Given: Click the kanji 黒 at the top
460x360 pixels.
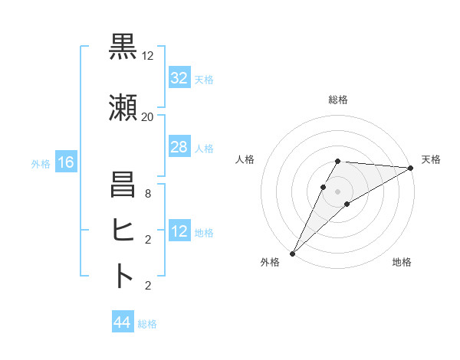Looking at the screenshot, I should point(123,47).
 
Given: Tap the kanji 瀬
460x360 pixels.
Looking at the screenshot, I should point(123,110).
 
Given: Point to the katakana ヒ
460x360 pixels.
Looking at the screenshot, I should point(123,230).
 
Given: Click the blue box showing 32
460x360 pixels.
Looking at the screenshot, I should point(179,78).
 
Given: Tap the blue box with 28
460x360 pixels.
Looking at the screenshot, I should point(179,147).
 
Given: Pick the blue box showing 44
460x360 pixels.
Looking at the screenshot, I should point(122,322).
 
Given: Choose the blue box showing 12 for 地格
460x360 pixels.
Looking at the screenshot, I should point(179,231).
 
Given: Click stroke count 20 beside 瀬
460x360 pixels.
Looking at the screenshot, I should point(147,117).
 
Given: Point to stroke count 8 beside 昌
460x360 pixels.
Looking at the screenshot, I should point(147,194).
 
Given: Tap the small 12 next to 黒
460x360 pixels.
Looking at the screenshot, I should point(147,56).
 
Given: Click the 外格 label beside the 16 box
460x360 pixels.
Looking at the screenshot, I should point(41,163).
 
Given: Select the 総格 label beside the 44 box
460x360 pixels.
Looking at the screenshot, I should point(147,324).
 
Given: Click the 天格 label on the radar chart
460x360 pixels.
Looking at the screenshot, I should point(431,159).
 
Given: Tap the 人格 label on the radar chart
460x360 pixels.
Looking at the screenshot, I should point(245,159).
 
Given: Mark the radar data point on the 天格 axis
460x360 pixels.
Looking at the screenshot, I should point(411,168).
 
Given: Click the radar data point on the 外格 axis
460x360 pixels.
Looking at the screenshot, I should point(292,253).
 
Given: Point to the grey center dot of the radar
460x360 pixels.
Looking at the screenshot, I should point(337,191).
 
